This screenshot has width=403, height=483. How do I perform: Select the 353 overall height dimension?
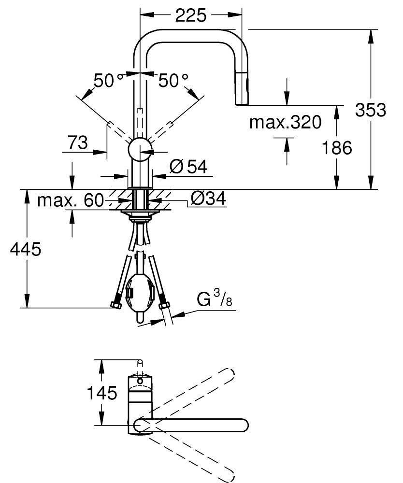(371, 110)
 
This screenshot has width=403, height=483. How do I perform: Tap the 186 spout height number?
(337, 148)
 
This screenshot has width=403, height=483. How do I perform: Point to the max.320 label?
(285, 123)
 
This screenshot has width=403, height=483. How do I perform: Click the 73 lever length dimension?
(77, 142)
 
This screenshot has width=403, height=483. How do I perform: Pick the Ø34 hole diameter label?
(208, 198)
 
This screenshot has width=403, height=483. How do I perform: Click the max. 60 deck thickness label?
(71, 199)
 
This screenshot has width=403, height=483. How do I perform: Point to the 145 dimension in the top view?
(101, 393)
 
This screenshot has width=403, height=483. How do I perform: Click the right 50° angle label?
(173, 80)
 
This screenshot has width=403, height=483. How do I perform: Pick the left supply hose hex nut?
(115, 305)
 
